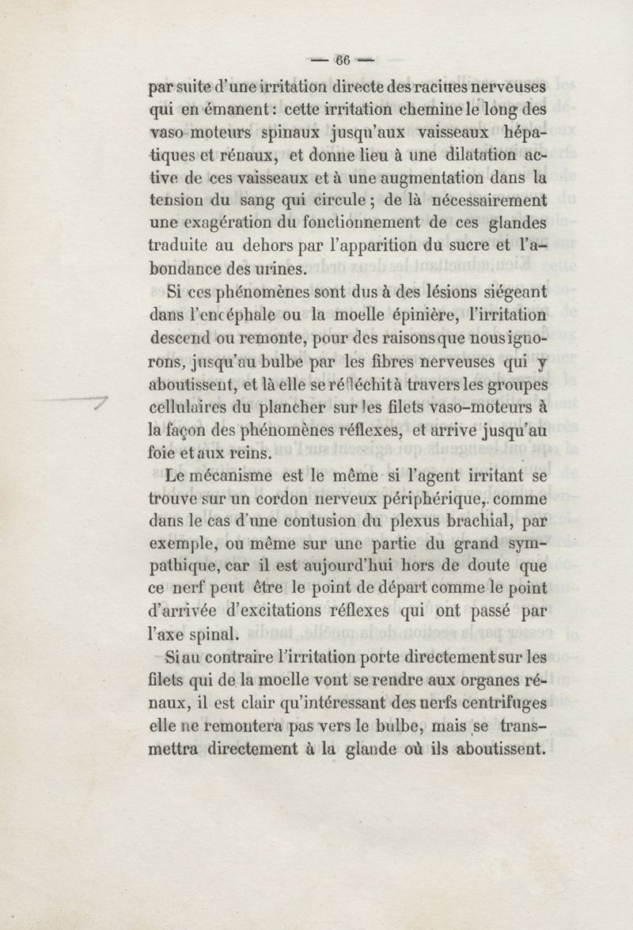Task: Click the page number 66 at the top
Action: point(343,60)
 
